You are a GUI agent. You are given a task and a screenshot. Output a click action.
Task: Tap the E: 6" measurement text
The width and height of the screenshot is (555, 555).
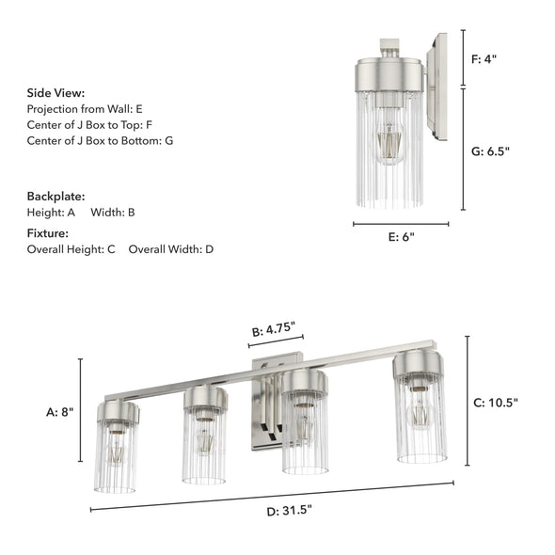click(x=401, y=237)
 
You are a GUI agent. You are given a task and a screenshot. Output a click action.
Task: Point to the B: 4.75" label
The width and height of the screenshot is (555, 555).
click(x=273, y=330)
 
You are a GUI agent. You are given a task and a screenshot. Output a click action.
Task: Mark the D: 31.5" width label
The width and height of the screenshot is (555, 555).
click(x=289, y=511)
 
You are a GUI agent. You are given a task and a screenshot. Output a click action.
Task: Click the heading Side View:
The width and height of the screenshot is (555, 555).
click(x=55, y=93)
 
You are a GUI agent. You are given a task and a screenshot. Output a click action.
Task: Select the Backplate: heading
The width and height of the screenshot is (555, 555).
click(x=55, y=197)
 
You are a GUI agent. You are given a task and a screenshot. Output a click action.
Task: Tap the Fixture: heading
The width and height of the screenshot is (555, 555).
click(x=47, y=232)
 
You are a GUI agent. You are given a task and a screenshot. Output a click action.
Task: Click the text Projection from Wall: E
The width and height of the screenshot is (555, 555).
click(x=85, y=109)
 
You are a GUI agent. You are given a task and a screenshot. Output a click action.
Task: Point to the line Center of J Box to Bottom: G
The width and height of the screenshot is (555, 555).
click(x=100, y=140)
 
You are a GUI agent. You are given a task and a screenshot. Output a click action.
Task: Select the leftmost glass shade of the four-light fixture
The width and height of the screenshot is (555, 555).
click(x=116, y=456)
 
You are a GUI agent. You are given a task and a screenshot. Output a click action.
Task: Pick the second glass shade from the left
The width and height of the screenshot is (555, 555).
click(x=204, y=445)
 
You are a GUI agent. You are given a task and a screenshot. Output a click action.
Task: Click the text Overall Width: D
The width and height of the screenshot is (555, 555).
click(x=171, y=249)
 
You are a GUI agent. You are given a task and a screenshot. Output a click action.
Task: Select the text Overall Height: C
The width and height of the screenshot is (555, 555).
click(x=71, y=249)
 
